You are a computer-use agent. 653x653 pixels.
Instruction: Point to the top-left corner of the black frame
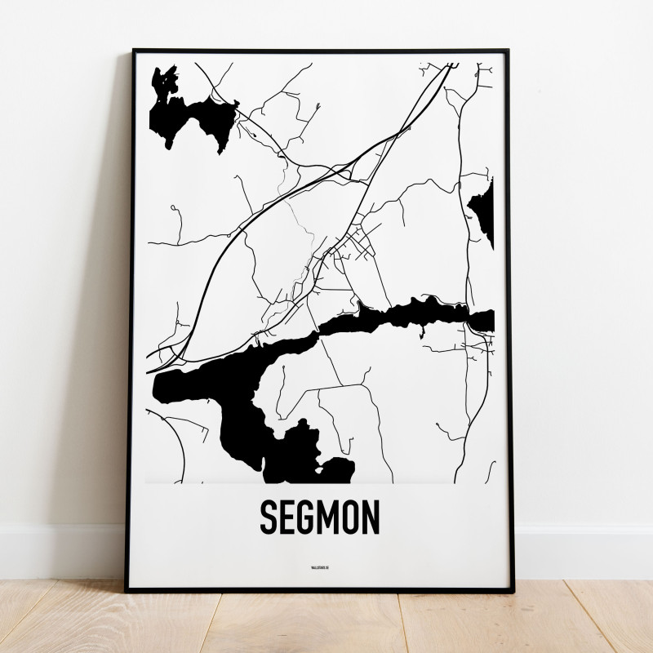tap(132, 51)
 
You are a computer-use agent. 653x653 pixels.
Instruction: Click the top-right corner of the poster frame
tap(513, 51)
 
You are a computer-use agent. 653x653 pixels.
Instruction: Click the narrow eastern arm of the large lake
tap(424, 314)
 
